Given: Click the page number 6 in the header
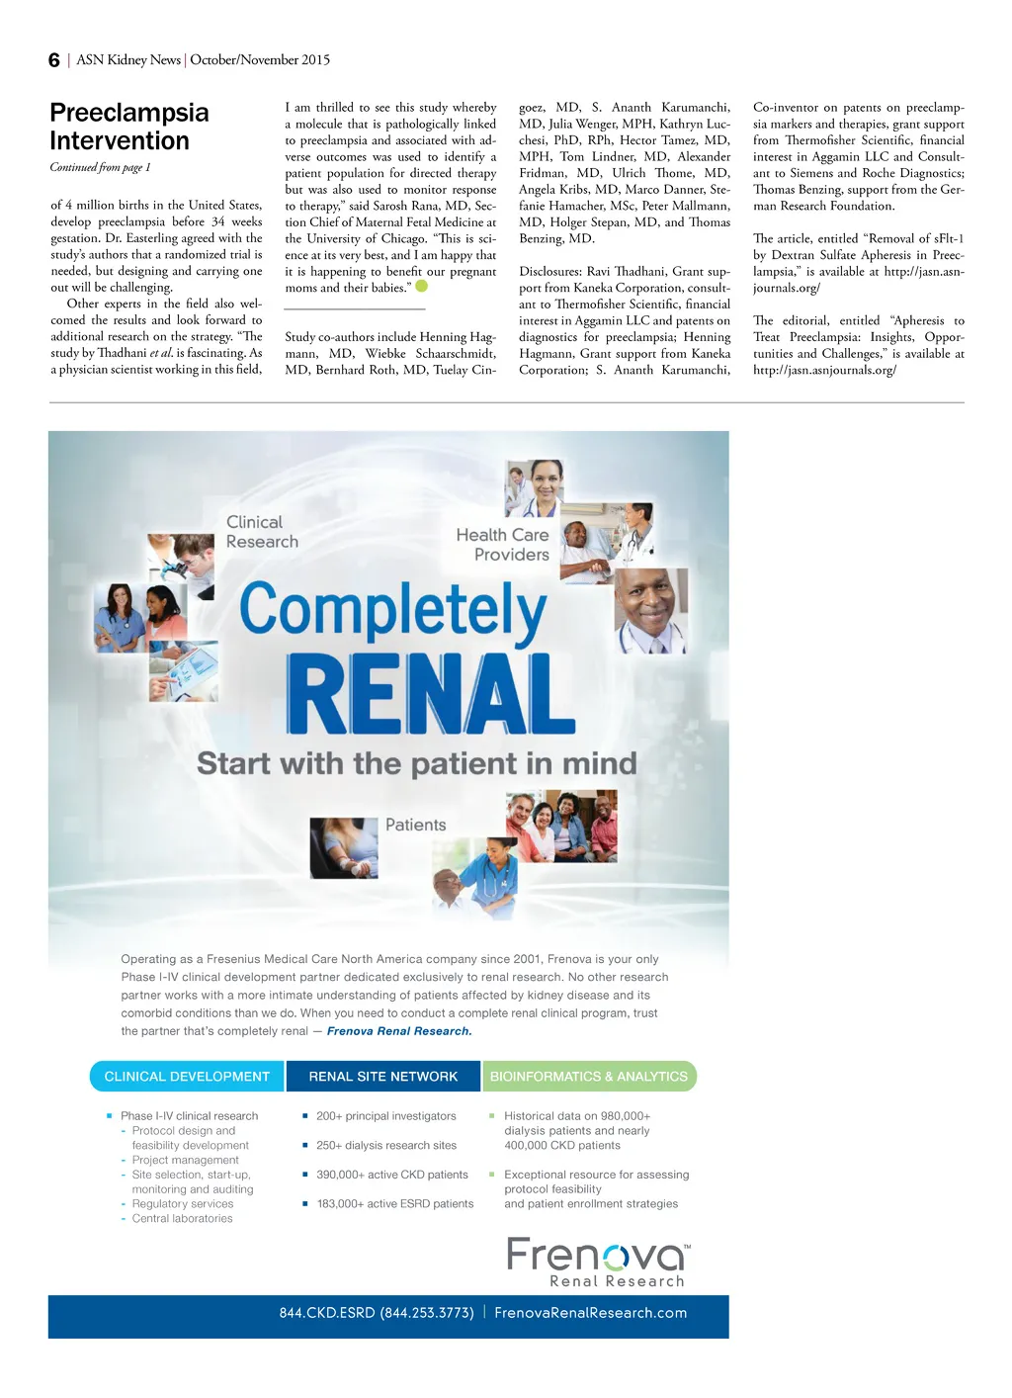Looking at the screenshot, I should click(x=54, y=60).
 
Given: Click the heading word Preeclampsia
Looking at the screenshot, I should click(x=129, y=113).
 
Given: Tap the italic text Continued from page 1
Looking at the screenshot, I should click(x=100, y=167).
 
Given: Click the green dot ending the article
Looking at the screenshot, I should click(x=422, y=287).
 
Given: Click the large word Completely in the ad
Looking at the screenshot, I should click(x=392, y=609).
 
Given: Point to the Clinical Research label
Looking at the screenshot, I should click(x=261, y=532).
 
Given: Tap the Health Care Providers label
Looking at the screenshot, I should click(x=502, y=545).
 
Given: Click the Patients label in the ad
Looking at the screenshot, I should click(x=415, y=825).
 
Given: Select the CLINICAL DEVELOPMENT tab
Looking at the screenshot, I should click(x=187, y=1077).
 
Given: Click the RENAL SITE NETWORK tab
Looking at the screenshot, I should click(x=383, y=1077).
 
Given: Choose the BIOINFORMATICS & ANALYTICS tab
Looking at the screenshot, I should click(x=589, y=1077).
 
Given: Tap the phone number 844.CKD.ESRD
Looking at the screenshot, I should click(x=377, y=1313).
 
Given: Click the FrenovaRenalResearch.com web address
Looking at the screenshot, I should click(x=590, y=1313).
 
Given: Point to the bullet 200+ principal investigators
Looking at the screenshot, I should click(x=385, y=1116).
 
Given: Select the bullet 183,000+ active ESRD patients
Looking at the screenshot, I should click(x=394, y=1204).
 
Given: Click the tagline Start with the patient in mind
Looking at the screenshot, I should click(x=416, y=763).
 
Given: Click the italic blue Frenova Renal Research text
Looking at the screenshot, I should click(x=399, y=1031).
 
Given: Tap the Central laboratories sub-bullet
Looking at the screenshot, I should click(x=182, y=1219).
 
